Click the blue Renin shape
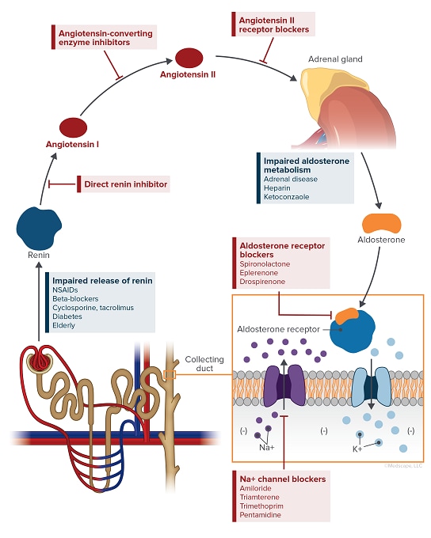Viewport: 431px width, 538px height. (x=38, y=226)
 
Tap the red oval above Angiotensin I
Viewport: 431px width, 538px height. (x=72, y=127)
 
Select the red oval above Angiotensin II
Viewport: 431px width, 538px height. (x=189, y=57)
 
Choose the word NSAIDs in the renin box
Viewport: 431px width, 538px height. (x=68, y=290)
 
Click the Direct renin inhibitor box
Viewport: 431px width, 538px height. (x=126, y=184)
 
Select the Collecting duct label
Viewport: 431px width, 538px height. (x=204, y=365)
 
